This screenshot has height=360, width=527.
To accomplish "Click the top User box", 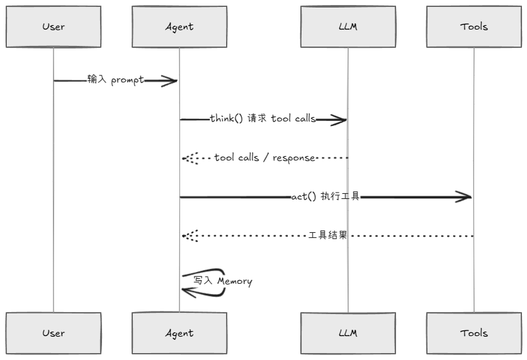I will point(54,27).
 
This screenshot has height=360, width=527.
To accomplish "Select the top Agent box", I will point(179,27).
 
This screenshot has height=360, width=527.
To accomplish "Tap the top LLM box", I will point(348,27).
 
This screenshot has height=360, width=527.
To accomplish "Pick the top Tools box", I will point(473,27).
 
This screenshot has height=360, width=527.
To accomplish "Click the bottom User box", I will point(54,333).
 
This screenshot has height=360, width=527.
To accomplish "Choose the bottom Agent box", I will point(179,333).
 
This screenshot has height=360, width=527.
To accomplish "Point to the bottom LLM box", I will point(348,333).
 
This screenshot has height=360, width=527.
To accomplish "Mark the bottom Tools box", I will point(473,333).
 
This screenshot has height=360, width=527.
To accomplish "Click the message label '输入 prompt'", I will point(116,80).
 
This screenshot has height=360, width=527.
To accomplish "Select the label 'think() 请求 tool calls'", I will point(263,119).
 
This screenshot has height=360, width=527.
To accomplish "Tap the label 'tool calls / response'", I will point(264,158).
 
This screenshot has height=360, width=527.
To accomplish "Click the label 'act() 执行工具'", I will point(325,196).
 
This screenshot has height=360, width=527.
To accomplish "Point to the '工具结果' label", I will point(327,235).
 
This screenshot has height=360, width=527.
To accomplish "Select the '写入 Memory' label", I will point(222,281).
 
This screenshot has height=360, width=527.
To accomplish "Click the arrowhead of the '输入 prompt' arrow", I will point(170,81).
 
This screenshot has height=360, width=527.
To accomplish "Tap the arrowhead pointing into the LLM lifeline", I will point(339,120).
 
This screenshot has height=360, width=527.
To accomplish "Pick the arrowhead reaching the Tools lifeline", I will point(464,197).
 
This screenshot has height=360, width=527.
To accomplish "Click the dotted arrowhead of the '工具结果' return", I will point(190,236).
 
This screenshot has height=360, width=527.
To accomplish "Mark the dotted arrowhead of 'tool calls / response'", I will point(190,158).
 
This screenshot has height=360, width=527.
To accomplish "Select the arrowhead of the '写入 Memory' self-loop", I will point(188,290).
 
